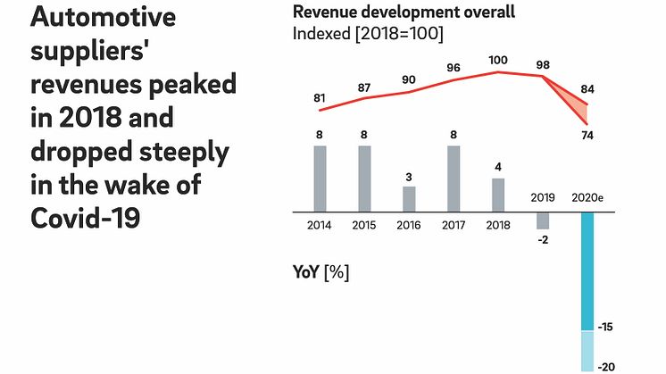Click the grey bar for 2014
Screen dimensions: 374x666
[320, 179]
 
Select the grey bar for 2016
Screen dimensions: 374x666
[409, 199]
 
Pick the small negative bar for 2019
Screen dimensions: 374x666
[543, 220]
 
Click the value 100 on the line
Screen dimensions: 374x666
[498, 61]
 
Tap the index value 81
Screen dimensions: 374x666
[320, 96]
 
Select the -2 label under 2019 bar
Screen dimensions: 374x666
[543, 241]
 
